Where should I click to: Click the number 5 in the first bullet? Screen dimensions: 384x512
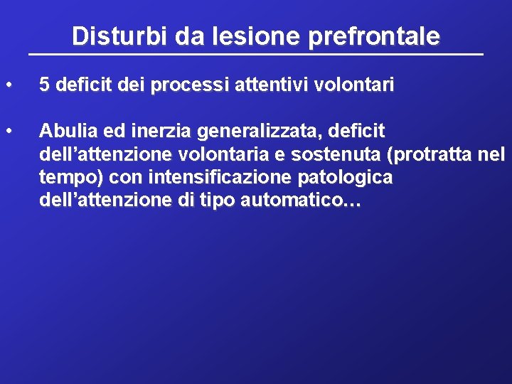pos(44,85)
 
